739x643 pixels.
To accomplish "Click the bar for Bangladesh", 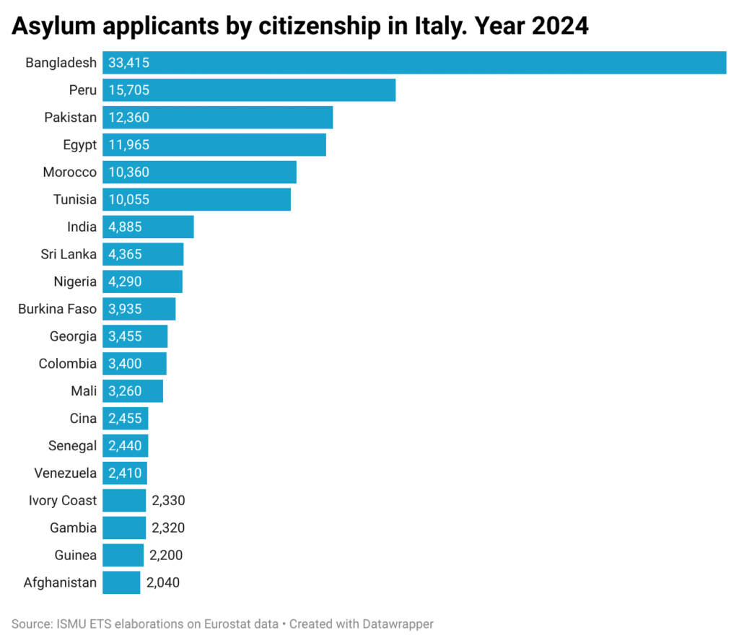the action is point(414,63).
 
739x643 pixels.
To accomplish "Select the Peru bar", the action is point(249,90).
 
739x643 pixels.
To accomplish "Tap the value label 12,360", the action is point(128,118).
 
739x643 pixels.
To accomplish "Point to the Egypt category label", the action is point(79,145).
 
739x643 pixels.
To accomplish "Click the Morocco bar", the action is point(199,172).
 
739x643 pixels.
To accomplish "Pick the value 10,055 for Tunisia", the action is point(128,199).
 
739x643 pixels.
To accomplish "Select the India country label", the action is point(82,227).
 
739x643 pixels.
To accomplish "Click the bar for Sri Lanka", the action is point(143,254).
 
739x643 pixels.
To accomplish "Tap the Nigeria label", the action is point(75,282).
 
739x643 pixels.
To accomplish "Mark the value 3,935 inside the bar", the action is point(125,309).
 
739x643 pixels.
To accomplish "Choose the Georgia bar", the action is point(135,336).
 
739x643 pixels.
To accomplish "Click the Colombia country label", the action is point(67,364).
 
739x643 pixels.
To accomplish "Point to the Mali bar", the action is point(133,391).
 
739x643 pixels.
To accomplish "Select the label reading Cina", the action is point(83,418).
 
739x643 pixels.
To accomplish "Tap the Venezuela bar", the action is point(125,473).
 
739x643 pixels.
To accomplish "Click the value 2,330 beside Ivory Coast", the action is point(168,500).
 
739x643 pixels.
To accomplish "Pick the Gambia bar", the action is point(124,528).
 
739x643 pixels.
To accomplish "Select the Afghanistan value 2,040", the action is point(162,582).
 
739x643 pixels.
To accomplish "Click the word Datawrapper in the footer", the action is point(398,624).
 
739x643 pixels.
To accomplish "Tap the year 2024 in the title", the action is point(560,25).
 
